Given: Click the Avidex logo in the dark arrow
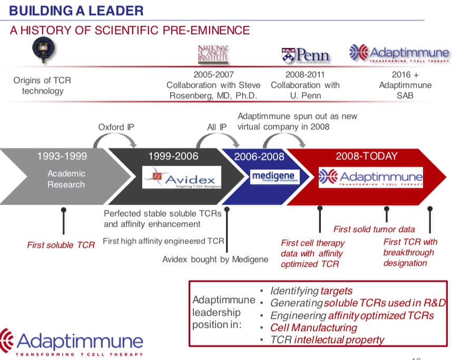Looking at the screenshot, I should (x=182, y=177).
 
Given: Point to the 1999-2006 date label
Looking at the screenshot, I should (x=173, y=156).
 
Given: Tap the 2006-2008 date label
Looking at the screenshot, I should (x=259, y=156).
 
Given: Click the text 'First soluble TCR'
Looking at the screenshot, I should (x=61, y=245).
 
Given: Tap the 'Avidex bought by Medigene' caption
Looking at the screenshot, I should (x=215, y=259).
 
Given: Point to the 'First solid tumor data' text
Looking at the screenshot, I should (x=374, y=229).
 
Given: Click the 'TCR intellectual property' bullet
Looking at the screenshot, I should (x=327, y=339).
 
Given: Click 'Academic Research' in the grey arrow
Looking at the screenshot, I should (x=66, y=179).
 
